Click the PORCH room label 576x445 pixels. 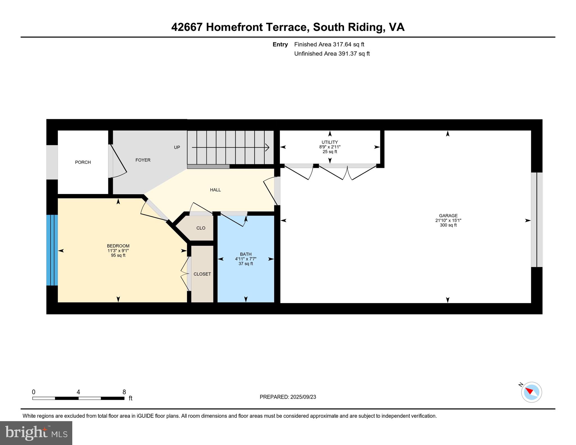pyautogui.click(x=83, y=162)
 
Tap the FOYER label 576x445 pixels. pyautogui.click(x=143, y=160)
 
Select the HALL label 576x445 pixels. pyautogui.click(x=215, y=190)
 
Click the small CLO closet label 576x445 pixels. pyautogui.click(x=201, y=228)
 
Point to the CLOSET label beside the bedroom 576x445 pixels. pyautogui.click(x=202, y=274)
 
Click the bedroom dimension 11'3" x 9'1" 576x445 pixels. pyautogui.click(x=118, y=251)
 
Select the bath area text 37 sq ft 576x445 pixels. pyautogui.click(x=246, y=264)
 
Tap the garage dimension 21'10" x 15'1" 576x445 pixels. pyautogui.click(x=448, y=221)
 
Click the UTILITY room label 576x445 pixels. pyautogui.click(x=330, y=142)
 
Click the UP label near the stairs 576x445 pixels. pyautogui.click(x=177, y=147)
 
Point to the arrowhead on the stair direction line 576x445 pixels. pyautogui.click(x=267, y=147)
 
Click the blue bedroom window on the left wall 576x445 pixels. pyautogui.click(x=52, y=250)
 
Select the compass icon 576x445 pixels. pyautogui.click(x=531, y=392)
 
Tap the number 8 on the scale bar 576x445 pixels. pyautogui.click(x=124, y=392)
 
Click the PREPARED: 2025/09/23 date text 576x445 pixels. pyautogui.click(x=288, y=397)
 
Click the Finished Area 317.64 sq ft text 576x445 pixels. pyautogui.click(x=329, y=44)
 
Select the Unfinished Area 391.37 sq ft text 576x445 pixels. pyautogui.click(x=332, y=54)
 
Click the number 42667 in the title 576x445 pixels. pyautogui.click(x=187, y=27)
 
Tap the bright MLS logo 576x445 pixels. pyautogui.click(x=36, y=433)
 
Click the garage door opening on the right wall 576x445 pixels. pyautogui.click(x=536, y=220)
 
